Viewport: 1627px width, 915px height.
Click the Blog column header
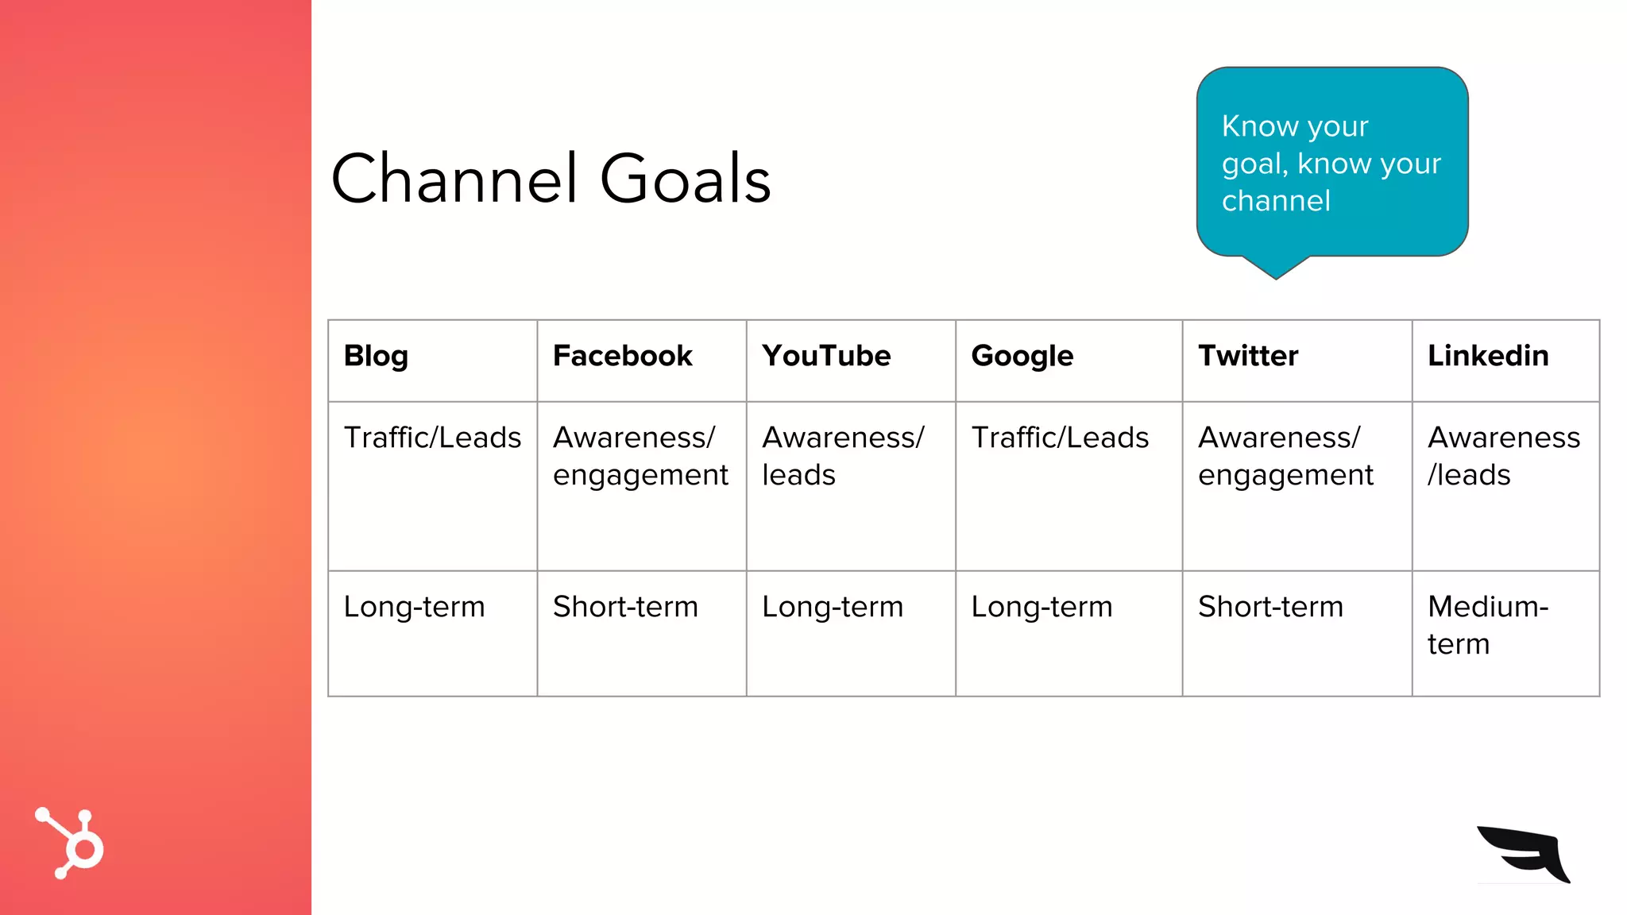coord(376,357)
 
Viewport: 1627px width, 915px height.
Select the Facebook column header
coord(623,356)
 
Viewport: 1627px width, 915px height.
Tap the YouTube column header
coord(826,356)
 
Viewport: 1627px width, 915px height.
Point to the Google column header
coord(1022,357)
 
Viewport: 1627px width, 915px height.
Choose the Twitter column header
coord(1248,356)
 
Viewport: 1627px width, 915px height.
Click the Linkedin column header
coord(1488,356)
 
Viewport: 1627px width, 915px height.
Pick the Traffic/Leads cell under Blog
coord(432,438)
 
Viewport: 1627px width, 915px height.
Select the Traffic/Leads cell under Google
coord(1060,438)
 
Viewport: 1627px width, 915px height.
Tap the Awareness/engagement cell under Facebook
coord(640,457)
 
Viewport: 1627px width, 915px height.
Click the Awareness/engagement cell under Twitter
coord(1285,457)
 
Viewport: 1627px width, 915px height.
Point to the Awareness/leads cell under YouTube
coord(842,457)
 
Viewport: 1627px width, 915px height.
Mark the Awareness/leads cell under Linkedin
coord(1503,457)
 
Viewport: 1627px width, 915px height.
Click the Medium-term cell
coord(1487,625)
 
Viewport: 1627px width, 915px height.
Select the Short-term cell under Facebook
coord(625,607)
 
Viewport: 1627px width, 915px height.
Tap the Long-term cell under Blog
coord(414,607)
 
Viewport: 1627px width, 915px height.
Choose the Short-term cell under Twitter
coord(1270,607)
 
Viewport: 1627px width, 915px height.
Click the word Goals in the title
coord(685,179)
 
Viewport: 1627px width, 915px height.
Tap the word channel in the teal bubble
coord(1276,201)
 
